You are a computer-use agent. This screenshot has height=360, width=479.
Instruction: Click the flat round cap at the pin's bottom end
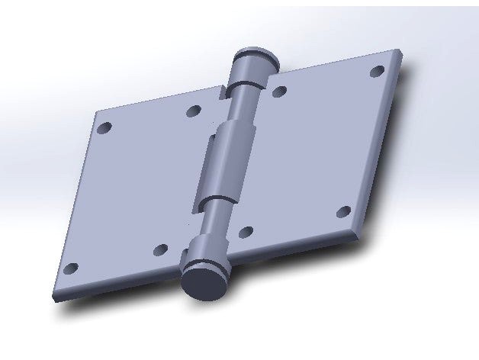203,281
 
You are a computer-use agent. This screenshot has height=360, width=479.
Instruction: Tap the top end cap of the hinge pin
252,56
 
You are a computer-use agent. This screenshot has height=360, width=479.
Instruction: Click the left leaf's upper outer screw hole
106,127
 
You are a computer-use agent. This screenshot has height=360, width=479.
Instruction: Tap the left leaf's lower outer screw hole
70,268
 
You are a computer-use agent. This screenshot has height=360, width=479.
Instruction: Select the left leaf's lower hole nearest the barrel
160,249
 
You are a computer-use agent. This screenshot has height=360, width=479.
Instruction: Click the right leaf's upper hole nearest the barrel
279,92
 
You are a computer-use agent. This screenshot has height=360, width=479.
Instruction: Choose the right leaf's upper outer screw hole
376,71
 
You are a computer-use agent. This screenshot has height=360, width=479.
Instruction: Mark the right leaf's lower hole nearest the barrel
246,230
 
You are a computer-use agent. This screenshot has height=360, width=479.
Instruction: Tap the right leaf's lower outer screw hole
343,211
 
